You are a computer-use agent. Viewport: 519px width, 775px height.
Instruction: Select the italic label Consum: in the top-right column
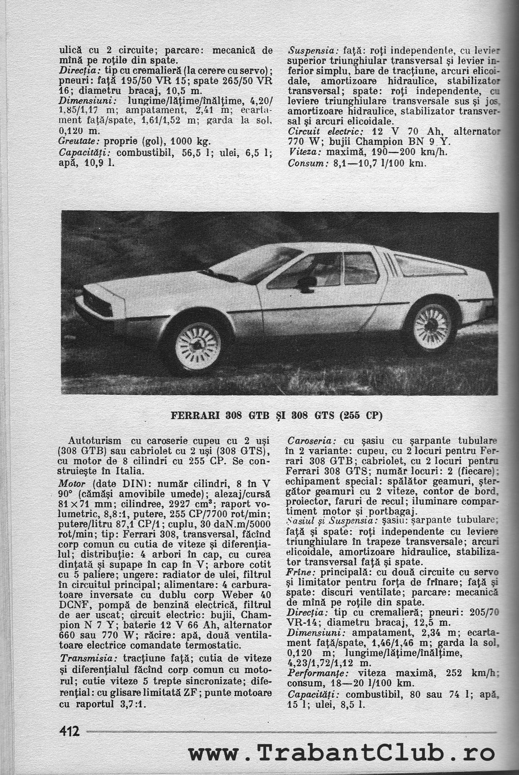[x=306, y=163]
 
